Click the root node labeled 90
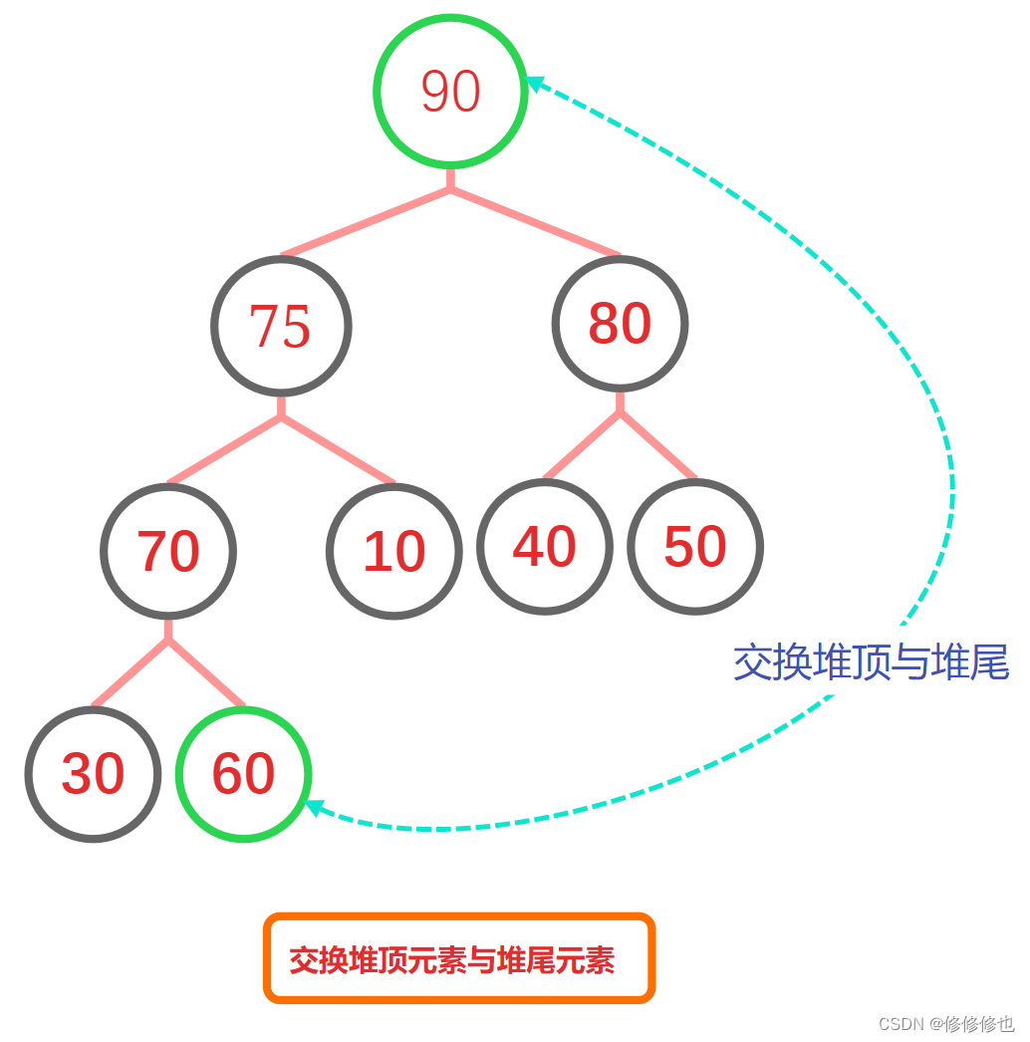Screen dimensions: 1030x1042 [450, 91]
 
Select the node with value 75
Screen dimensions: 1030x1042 [281, 326]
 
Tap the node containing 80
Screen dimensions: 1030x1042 [620, 324]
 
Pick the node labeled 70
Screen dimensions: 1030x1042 [168, 551]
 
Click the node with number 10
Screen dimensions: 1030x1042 [394, 551]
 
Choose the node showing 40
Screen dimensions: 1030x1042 [545, 547]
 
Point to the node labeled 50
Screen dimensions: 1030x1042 [695, 547]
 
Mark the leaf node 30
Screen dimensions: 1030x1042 [93, 774]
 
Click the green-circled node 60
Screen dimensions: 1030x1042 [243, 774]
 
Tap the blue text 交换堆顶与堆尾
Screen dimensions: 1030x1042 [871, 662]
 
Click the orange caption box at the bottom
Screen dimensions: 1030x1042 [459, 958]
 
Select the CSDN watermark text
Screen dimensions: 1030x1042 [946, 1024]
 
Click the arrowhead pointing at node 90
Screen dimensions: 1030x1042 [535, 84]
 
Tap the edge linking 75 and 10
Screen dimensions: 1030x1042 [339, 449]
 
